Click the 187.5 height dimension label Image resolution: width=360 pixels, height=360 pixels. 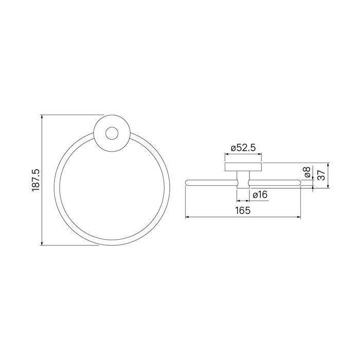(x=36, y=180)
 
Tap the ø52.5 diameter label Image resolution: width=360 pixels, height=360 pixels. (x=243, y=148)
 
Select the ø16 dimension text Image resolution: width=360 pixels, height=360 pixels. (x=260, y=195)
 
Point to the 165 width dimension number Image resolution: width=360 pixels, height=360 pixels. (x=243, y=210)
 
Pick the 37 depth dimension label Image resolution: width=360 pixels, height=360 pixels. (x=321, y=175)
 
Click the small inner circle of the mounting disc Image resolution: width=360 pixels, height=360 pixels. (x=112, y=133)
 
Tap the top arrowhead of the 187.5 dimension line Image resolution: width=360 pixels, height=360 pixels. (x=42, y=117)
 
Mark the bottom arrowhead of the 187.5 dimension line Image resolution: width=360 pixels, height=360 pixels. (x=42, y=243)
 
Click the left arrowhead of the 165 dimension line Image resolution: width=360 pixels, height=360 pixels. (x=187, y=217)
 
